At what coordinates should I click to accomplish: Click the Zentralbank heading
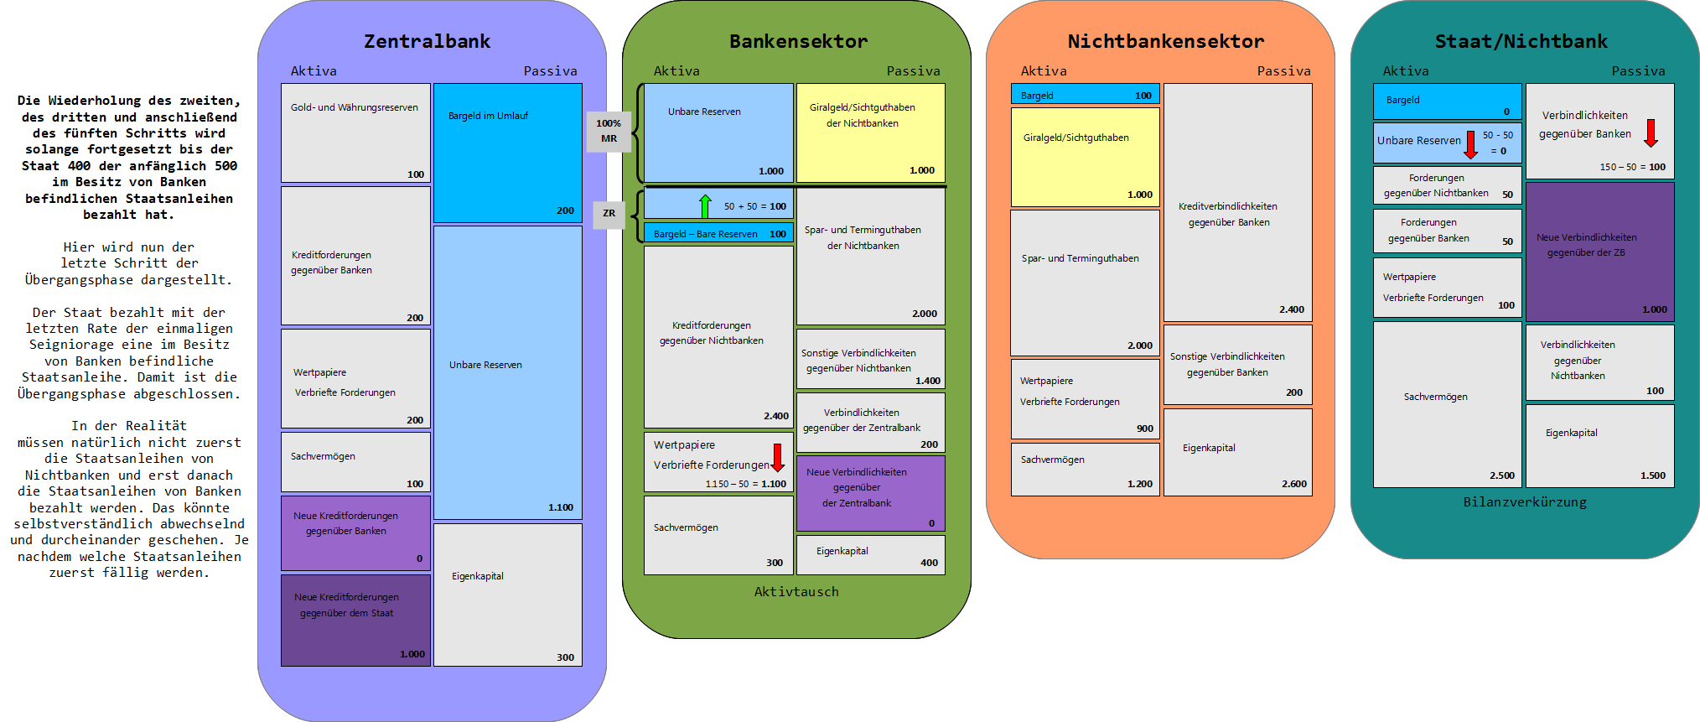(427, 41)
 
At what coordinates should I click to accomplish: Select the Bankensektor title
(798, 41)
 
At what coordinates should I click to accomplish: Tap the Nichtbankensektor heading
(1165, 41)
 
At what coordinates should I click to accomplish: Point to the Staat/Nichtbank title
(1521, 41)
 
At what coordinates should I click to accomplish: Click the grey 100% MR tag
(609, 131)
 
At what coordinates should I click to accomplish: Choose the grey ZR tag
(609, 213)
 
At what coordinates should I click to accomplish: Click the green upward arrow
(705, 205)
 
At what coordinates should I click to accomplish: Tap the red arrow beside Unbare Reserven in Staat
(1470, 144)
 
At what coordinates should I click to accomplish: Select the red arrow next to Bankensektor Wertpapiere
(777, 457)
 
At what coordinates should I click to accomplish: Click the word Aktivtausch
(796, 592)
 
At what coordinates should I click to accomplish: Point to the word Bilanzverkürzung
(1525, 502)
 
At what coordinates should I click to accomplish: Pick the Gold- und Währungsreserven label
(354, 107)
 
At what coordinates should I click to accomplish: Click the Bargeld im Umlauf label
(488, 116)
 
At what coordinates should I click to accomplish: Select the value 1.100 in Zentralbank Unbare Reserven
(561, 507)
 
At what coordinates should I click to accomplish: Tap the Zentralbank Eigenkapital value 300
(565, 657)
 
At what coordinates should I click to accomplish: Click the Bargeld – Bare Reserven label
(705, 234)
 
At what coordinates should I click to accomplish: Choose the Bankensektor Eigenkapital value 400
(929, 563)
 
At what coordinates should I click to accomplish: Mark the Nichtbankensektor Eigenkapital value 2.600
(1293, 484)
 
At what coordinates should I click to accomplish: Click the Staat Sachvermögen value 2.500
(1501, 475)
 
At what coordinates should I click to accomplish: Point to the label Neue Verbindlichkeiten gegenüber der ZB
(1586, 245)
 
